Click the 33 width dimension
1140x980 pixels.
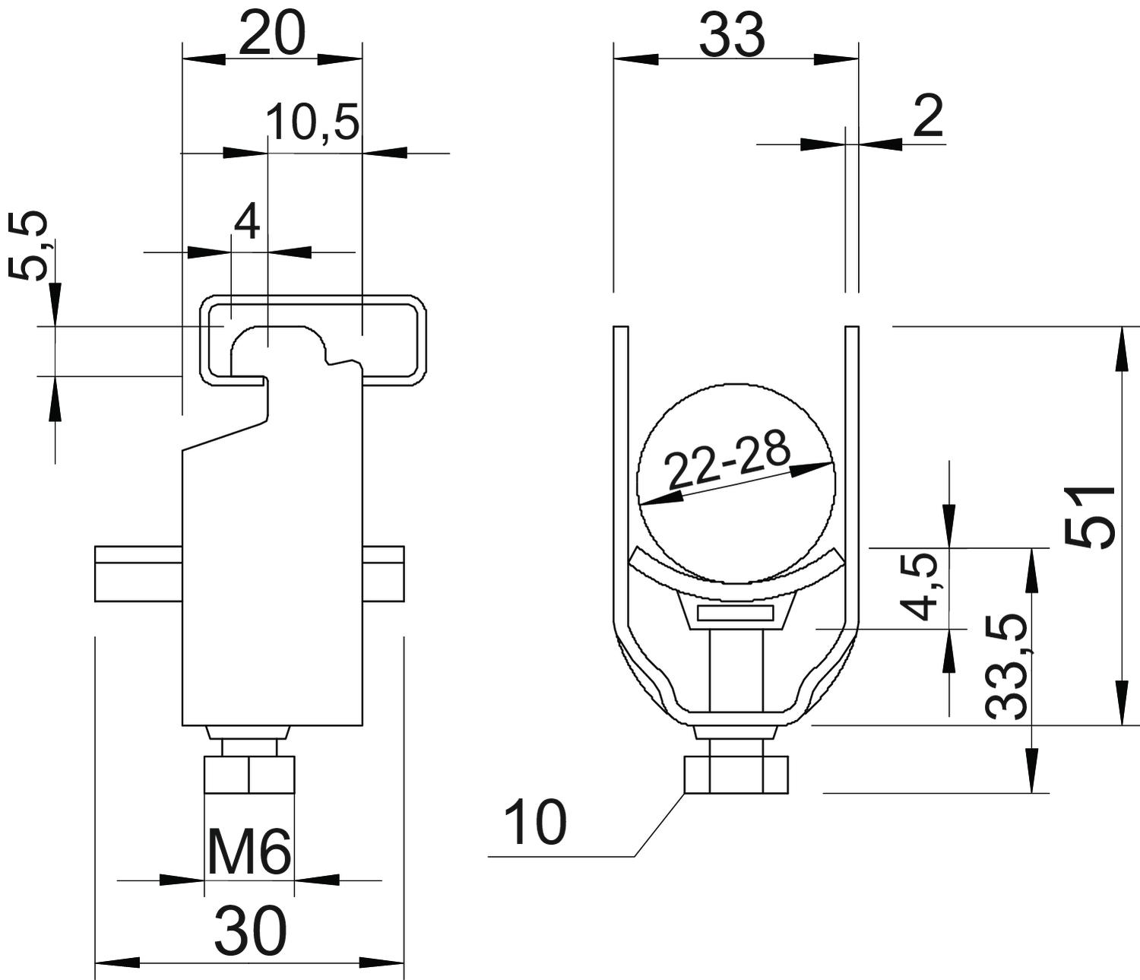coord(733,35)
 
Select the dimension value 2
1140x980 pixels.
coord(928,116)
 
